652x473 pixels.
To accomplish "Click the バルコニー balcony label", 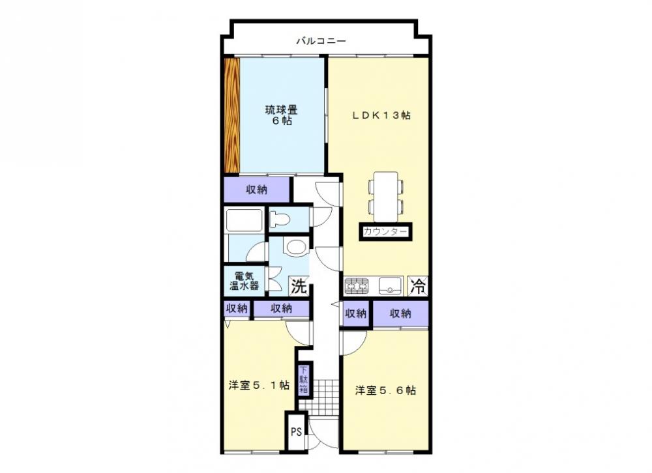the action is [321, 41].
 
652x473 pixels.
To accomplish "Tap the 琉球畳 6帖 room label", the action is [282, 115].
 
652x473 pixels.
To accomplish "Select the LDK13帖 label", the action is [381, 115].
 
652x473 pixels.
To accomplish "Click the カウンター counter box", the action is [385, 232].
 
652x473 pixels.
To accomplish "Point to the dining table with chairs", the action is [386, 197].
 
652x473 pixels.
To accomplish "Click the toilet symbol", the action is [278, 218].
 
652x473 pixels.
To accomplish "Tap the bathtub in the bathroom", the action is [244, 220].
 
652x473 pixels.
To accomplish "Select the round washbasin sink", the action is [295, 247].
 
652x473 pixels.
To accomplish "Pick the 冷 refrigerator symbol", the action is [418, 286].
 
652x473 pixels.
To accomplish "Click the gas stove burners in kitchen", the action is [357, 286].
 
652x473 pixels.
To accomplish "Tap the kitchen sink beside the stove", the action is [390, 286].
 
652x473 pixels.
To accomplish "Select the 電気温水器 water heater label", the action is [244, 281].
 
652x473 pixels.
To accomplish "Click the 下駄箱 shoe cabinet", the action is [304, 380].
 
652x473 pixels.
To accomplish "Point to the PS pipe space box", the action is [296, 432].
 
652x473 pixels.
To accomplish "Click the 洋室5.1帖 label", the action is [259, 385].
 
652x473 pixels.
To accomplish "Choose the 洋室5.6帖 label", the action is [385, 390].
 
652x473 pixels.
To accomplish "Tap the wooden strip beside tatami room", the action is [232, 115].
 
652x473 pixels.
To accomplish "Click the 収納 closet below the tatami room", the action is [256, 190].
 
